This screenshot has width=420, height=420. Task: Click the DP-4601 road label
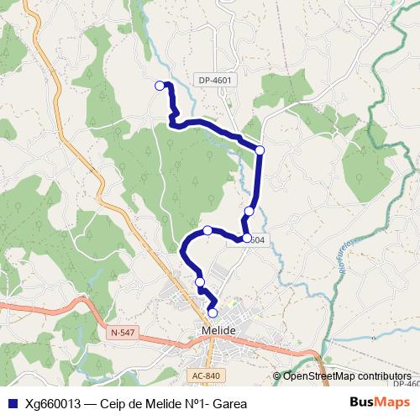[x=216, y=81]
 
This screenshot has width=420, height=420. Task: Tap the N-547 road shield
[x=121, y=333]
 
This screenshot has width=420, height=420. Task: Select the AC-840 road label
[x=206, y=375]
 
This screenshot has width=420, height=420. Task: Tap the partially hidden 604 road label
[x=256, y=240]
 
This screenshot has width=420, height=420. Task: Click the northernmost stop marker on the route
[x=160, y=85]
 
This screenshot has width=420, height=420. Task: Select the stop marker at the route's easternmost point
[x=260, y=150]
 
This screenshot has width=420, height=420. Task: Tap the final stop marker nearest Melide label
[x=213, y=313]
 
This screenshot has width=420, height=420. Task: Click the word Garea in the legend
[x=229, y=403]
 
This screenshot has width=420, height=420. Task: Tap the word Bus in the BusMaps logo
[x=363, y=403]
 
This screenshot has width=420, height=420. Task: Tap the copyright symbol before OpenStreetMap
[x=278, y=376]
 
